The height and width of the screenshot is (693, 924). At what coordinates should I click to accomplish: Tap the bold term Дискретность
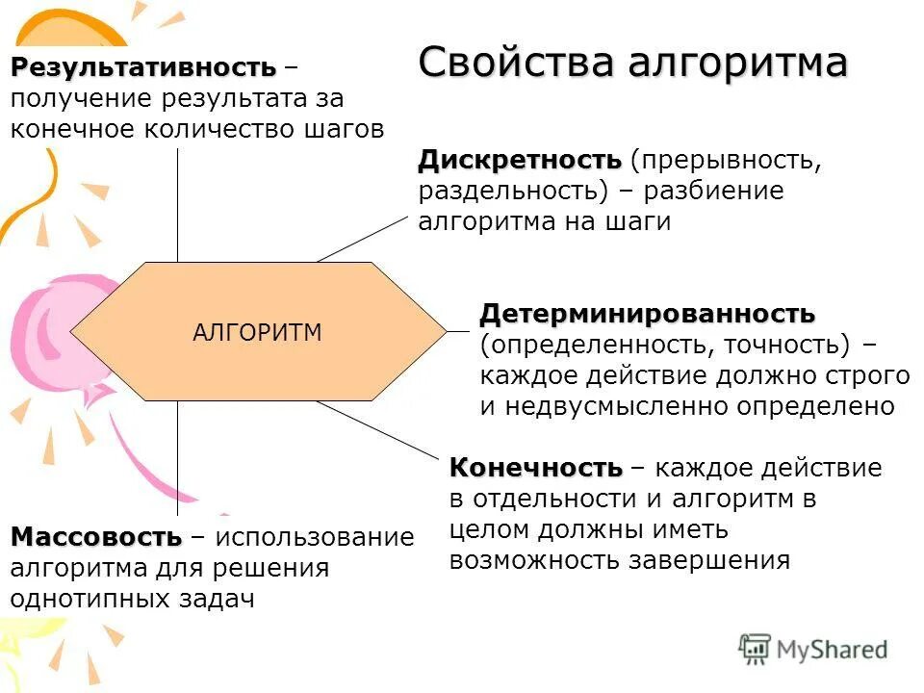click(520, 159)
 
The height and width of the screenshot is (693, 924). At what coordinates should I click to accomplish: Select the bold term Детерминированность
click(647, 314)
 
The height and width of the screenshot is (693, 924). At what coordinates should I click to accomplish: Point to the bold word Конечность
click(536, 469)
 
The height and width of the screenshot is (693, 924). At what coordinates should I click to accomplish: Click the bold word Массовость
click(95, 537)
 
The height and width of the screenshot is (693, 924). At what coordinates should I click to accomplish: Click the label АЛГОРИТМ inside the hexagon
click(257, 333)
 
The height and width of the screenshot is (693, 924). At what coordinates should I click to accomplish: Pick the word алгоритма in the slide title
click(738, 63)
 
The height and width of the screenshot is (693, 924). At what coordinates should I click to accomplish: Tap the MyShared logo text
click(832, 650)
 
